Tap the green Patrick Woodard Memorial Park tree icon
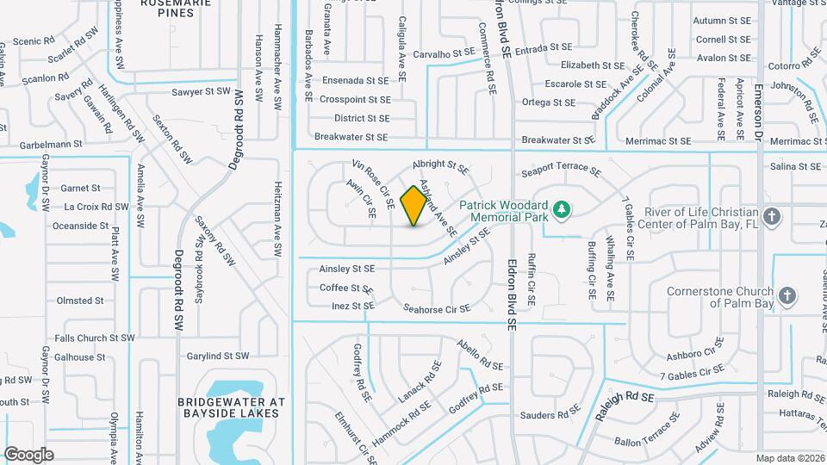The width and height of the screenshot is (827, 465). (x=561, y=208)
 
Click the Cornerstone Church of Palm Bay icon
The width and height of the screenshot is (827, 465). (x=786, y=296)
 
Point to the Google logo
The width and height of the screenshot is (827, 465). (x=28, y=455)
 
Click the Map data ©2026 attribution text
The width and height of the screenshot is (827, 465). (x=790, y=458)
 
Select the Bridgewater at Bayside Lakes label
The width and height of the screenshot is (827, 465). (x=229, y=407)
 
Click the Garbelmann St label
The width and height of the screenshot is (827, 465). (x=41, y=145)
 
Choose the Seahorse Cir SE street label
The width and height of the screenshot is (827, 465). (x=437, y=308)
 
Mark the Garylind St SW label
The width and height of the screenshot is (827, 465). (x=217, y=356)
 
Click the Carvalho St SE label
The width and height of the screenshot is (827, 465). (x=444, y=53)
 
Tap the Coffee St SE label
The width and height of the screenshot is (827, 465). (x=345, y=288)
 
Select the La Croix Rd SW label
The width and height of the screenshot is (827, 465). (x=96, y=207)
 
